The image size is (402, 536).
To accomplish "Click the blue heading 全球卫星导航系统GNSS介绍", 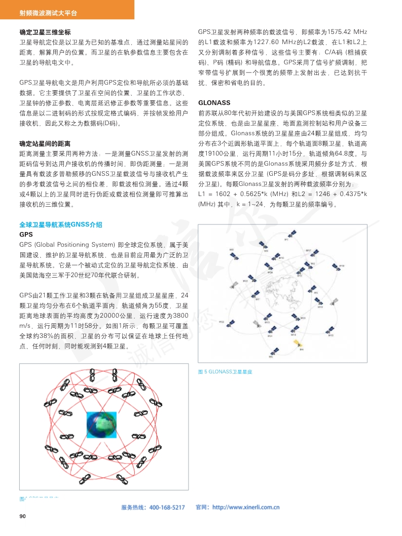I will pos(61,224).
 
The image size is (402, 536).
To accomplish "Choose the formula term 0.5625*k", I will pos(257,195).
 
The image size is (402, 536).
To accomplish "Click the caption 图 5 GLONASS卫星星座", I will pos(225,372).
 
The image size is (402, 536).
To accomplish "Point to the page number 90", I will pos(22,516).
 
